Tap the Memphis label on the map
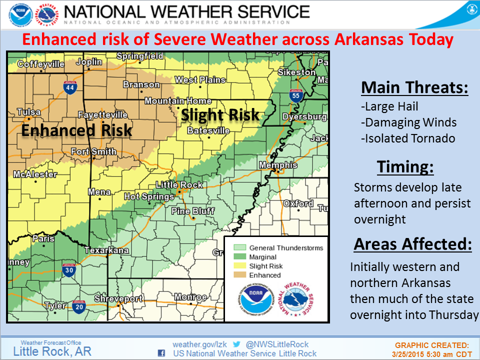point(277,165)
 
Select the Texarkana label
point(106,250)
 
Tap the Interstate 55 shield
point(296,94)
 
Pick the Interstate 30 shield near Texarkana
point(69,270)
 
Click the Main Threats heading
point(414,87)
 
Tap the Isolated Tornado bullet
point(408,138)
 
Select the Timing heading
point(405,166)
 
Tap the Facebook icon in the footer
point(161,353)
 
